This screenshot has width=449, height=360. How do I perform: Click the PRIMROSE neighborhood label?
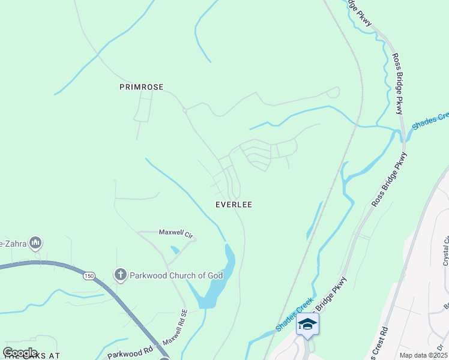coord(141,87)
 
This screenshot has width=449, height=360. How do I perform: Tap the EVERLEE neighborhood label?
coord(234,205)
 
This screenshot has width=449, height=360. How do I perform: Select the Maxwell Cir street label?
coord(174,232)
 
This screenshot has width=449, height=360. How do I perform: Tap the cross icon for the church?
coord(120,275)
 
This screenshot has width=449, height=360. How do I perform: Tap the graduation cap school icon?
coord(307,324)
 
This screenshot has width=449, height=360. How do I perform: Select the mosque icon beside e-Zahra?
coord(35,243)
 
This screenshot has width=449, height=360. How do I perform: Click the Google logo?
coord(20,353)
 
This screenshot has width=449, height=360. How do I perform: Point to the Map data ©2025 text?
coord(423,355)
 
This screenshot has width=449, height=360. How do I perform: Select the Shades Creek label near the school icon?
coord(294,314)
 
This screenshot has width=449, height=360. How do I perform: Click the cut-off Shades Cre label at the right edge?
coord(430,121)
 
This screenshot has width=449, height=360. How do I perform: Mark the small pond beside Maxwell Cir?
coord(174,249)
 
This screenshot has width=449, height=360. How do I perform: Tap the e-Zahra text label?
coord(12,243)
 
